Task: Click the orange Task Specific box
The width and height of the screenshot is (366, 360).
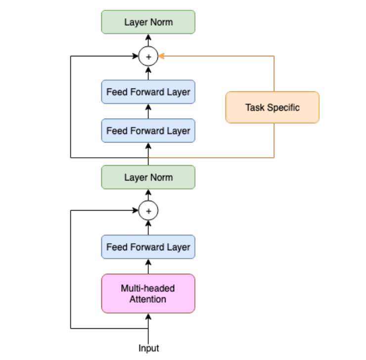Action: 272,107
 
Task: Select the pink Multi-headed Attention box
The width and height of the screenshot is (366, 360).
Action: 148,293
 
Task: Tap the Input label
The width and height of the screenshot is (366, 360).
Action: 148,348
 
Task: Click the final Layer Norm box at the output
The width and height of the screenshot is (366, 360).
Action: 148,22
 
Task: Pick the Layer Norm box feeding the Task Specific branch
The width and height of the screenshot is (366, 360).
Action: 148,177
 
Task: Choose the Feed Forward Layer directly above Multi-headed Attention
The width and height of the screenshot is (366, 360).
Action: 148,247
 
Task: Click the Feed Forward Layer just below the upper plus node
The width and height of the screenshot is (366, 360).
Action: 148,92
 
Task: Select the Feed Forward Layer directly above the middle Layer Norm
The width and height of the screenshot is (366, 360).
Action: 148,131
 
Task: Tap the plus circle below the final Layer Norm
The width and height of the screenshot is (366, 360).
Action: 148,57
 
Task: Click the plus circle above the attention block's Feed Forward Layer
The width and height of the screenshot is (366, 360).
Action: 148,211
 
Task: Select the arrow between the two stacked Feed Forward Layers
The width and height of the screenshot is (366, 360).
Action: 148,111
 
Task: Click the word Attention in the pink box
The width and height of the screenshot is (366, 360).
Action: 148,299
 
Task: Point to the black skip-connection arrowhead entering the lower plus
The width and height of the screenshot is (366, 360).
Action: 136,211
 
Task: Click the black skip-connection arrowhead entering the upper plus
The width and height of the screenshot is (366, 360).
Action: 136,56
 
